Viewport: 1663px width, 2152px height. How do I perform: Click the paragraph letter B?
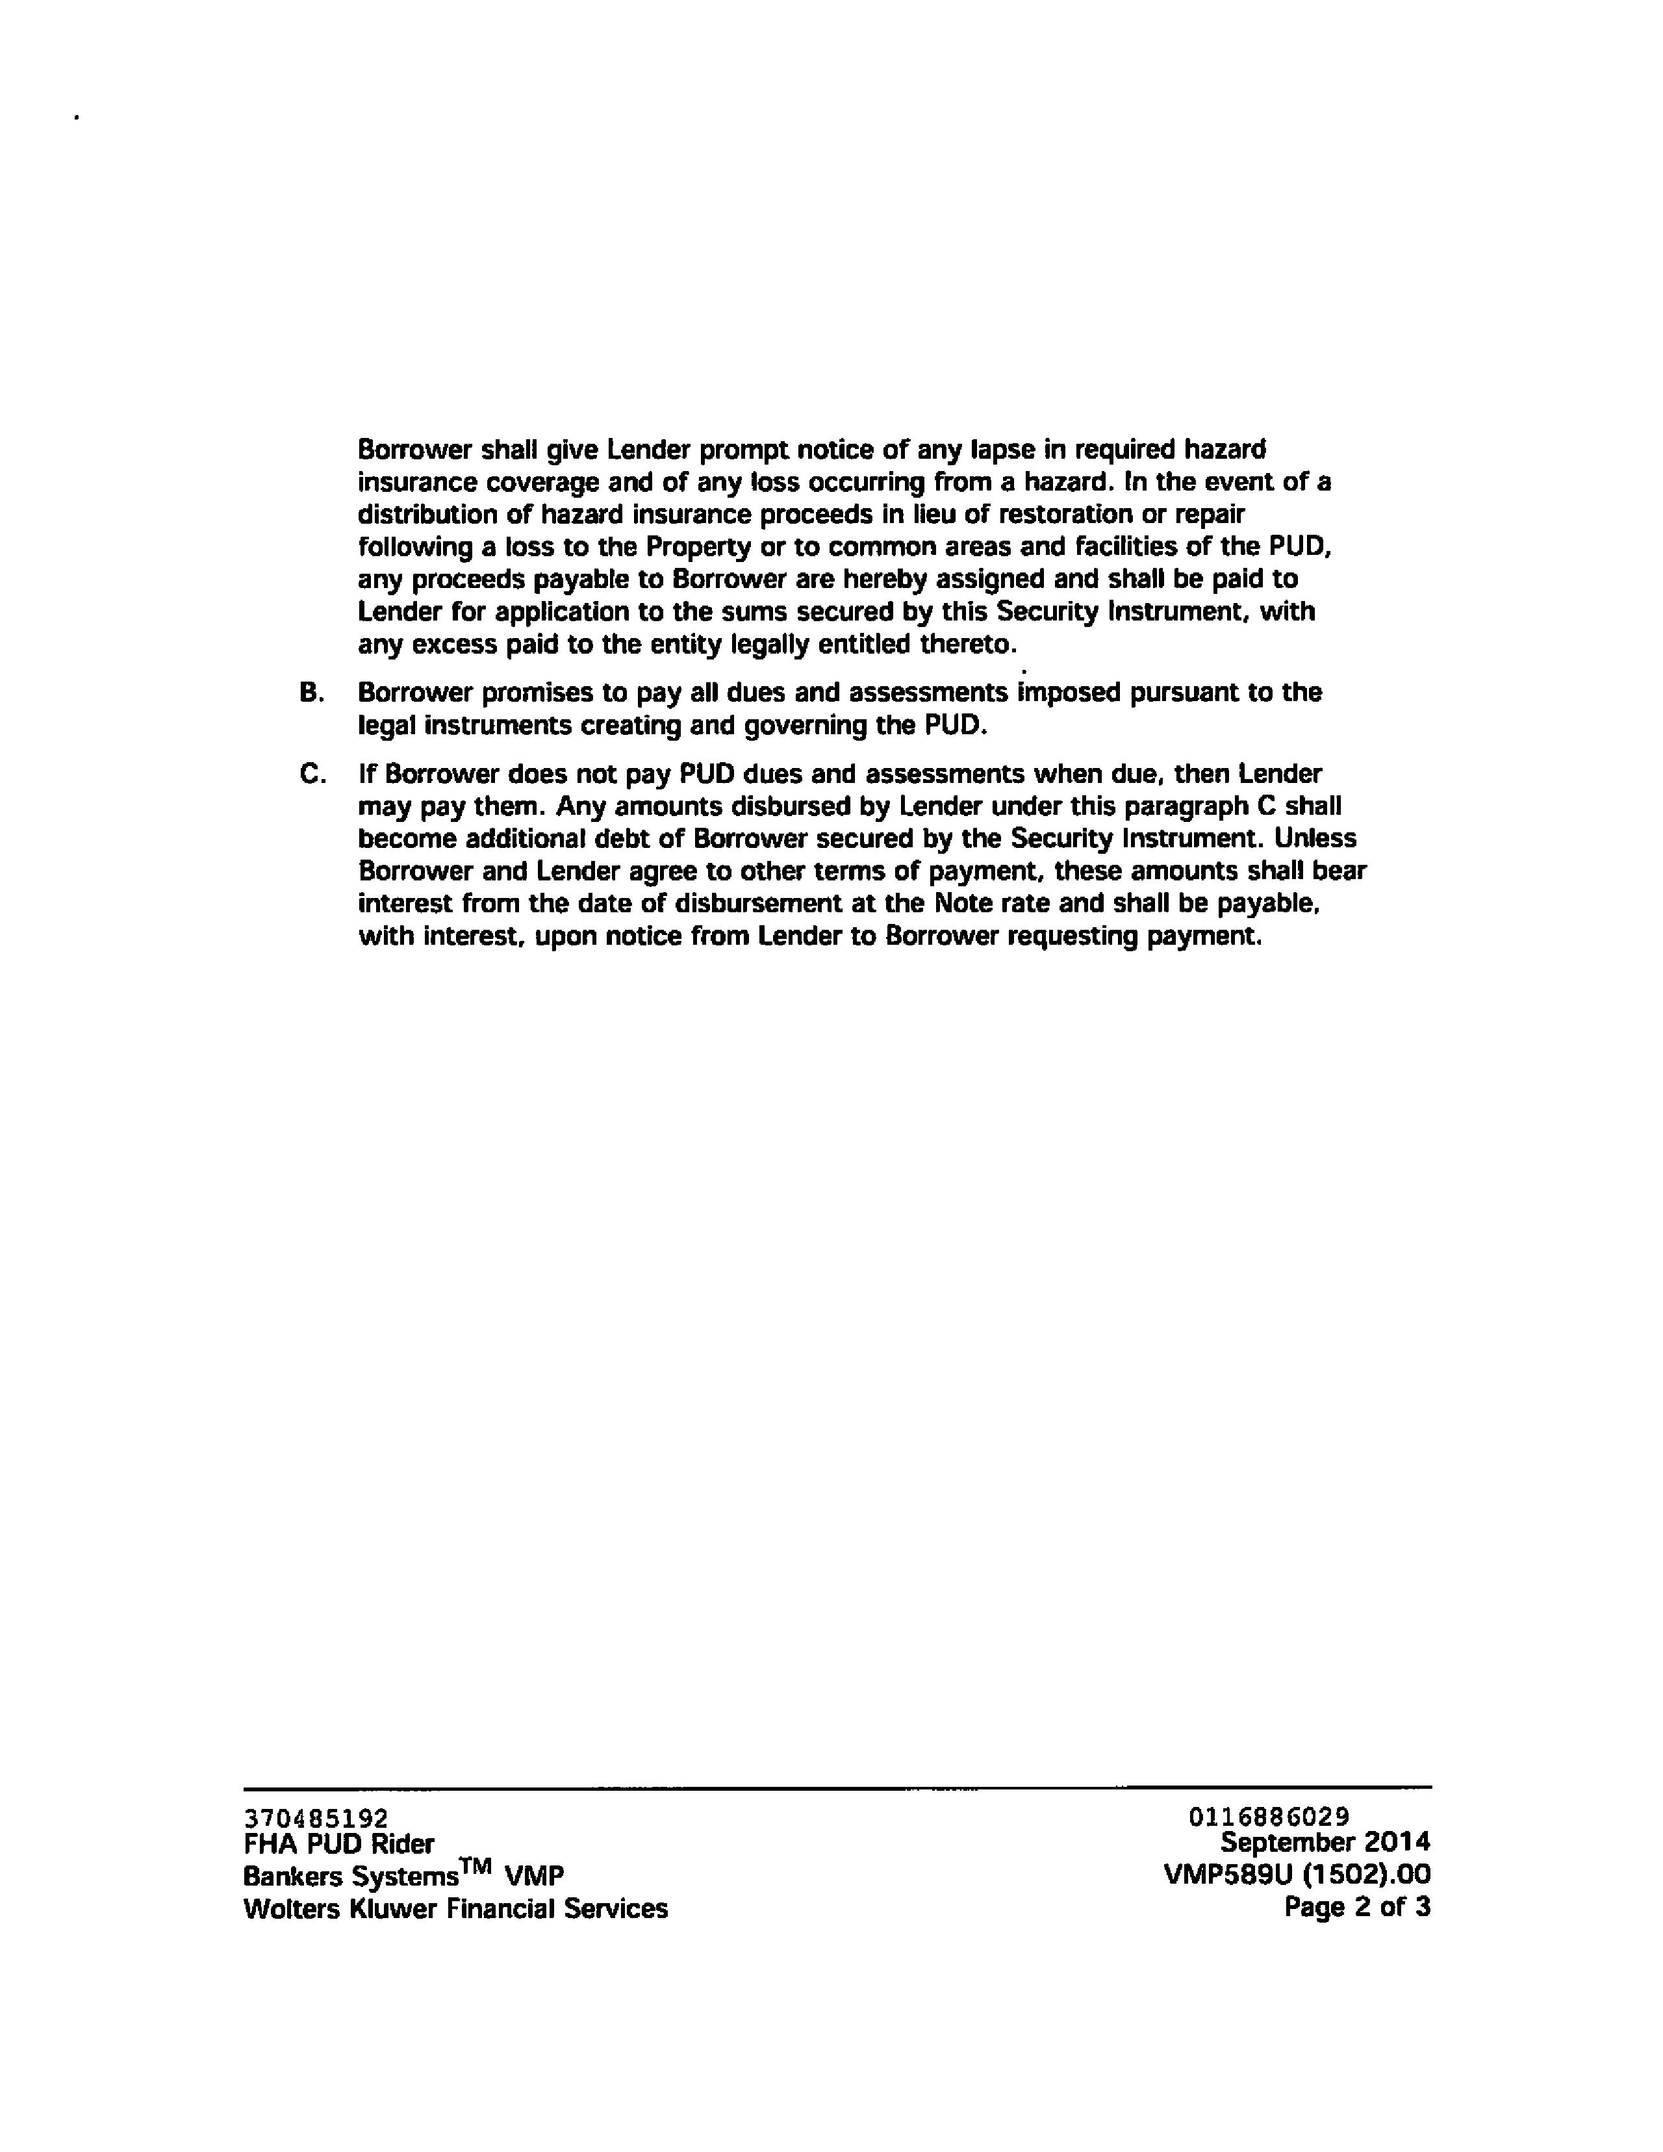[311, 693]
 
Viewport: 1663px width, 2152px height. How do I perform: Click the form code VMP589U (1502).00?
[1297, 1874]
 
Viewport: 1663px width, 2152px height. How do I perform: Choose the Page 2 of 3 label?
[1356, 1906]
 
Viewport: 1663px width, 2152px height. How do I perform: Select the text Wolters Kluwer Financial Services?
[455, 1908]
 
